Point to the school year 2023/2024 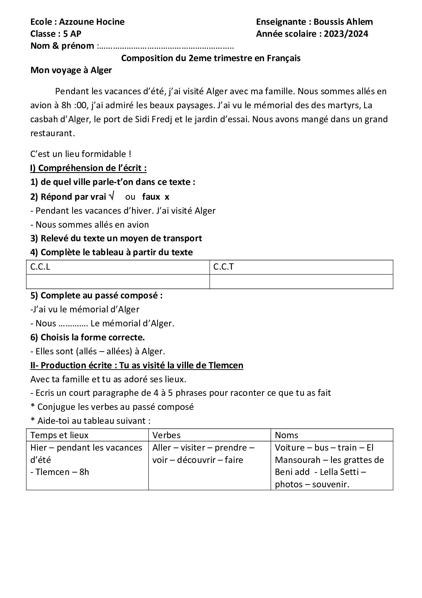click(x=346, y=34)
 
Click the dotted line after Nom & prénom click(x=166, y=46)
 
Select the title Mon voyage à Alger click(x=71, y=71)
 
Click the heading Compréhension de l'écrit click(x=92, y=168)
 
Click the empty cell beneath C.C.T click(x=301, y=281)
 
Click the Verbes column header click(x=167, y=435)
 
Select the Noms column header click(x=287, y=435)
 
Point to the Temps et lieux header click(x=59, y=435)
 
